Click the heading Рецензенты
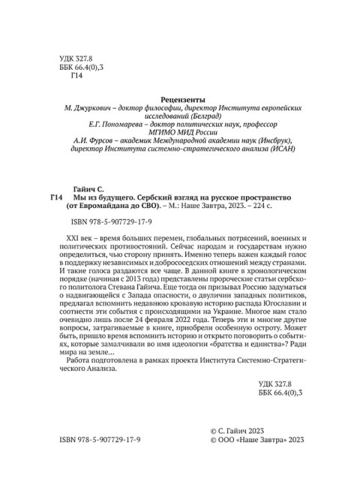179,98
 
